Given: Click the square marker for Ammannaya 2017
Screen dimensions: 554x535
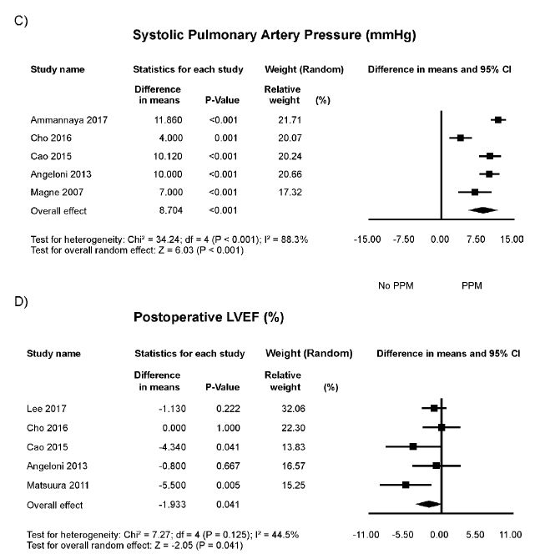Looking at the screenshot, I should pyautogui.click(x=498, y=120).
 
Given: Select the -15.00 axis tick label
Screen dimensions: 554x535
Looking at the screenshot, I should pyautogui.click(x=368, y=239).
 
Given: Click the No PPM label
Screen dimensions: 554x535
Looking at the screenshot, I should pyautogui.click(x=396, y=285).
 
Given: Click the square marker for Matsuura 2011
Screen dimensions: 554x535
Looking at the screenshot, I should pyautogui.click(x=406, y=485).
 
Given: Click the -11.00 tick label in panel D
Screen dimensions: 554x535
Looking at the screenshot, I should pyautogui.click(x=368, y=533).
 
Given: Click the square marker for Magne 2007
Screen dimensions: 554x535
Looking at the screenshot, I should pyautogui.click(x=474, y=192).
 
